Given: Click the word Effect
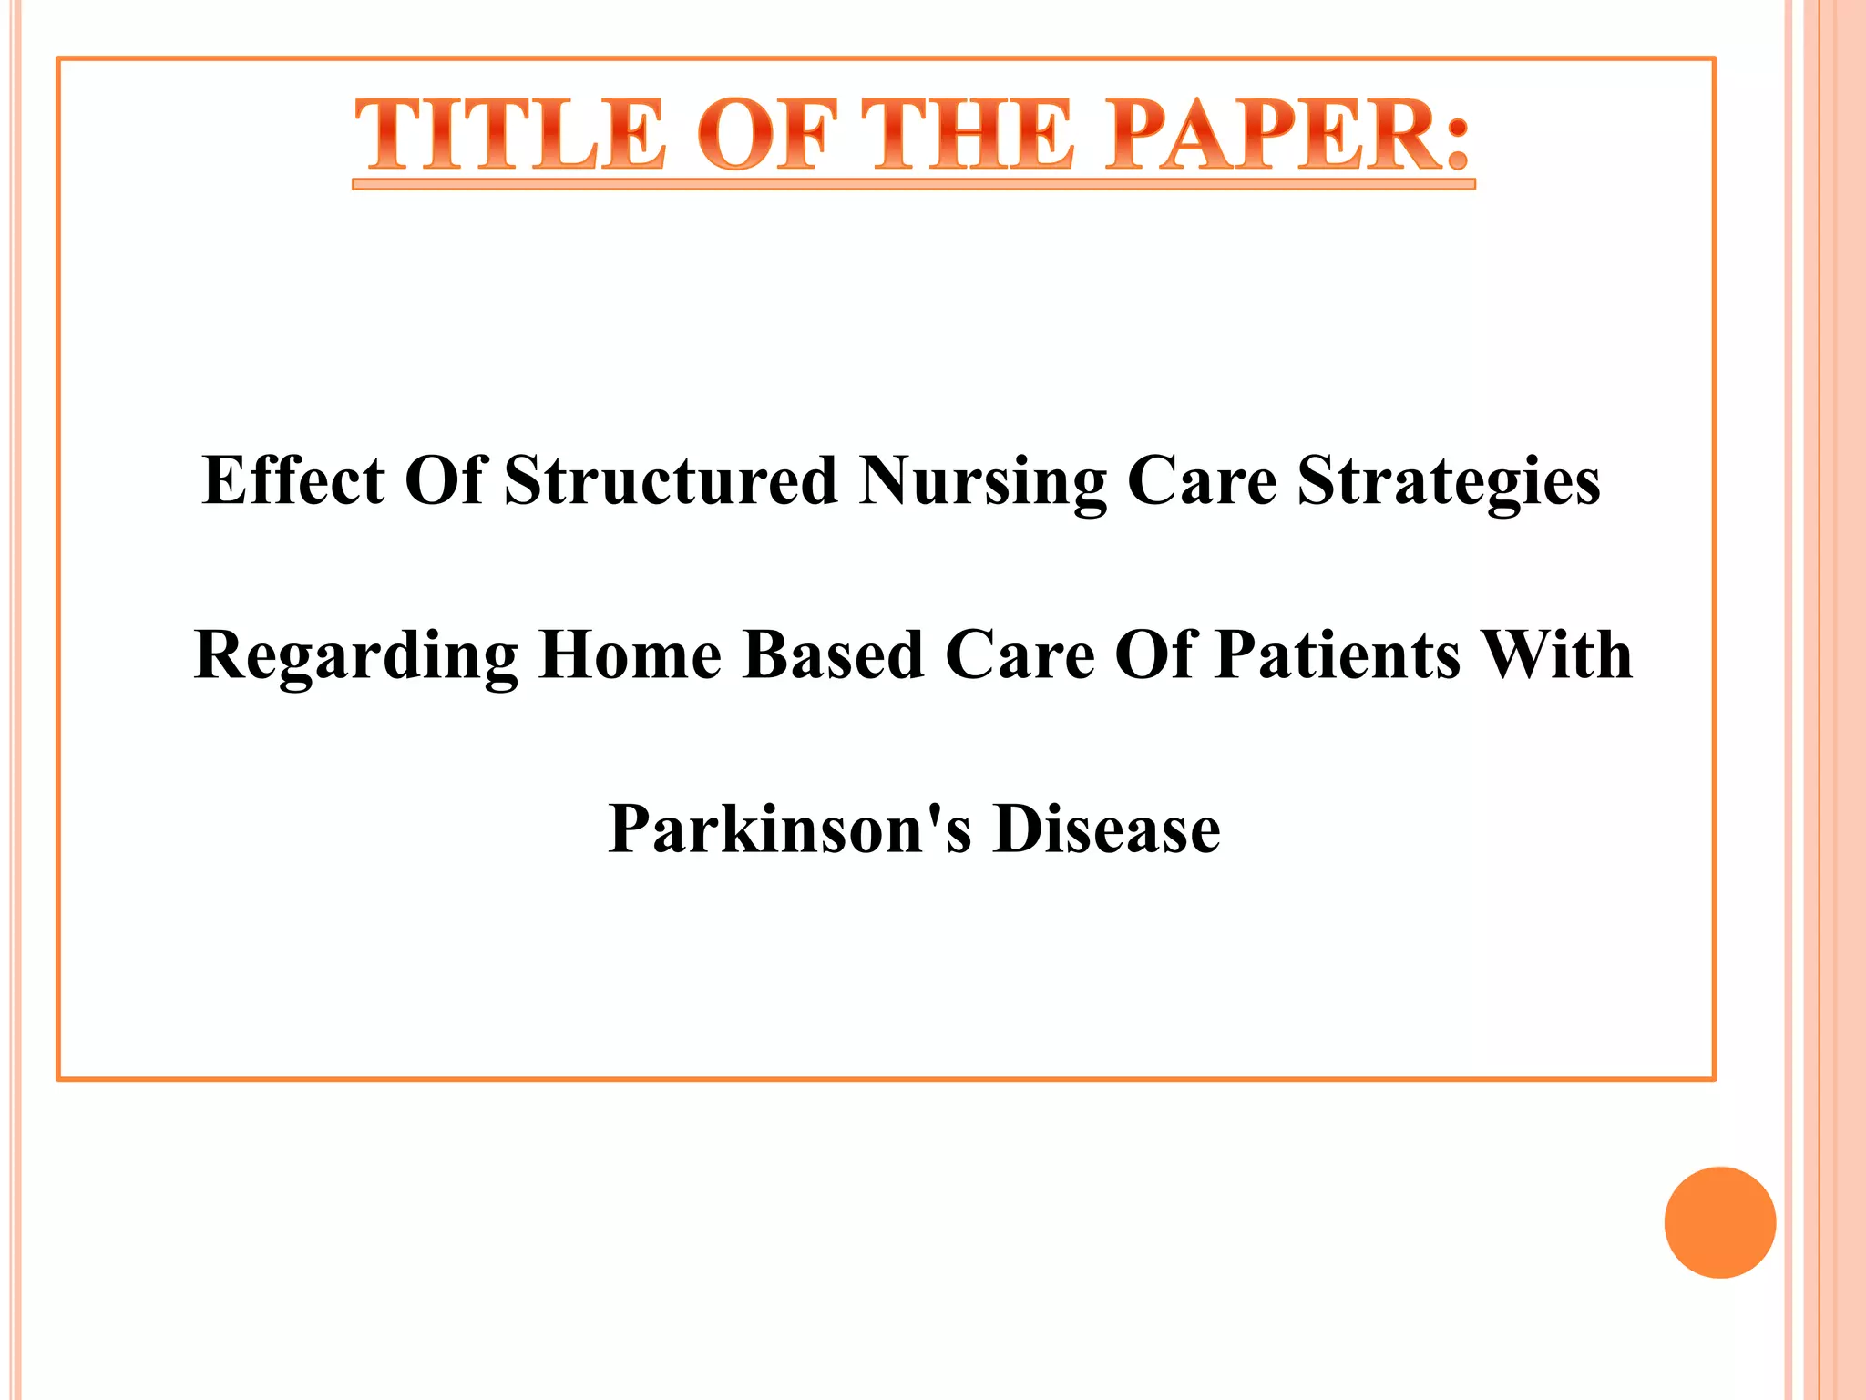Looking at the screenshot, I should [293, 480].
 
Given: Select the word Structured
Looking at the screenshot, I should [671, 480].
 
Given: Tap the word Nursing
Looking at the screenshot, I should [982, 482].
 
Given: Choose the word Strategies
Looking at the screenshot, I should [1449, 482].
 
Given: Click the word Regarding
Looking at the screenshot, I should [356, 656].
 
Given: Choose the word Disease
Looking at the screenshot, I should [1107, 829].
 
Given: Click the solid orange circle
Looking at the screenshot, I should [1719, 1222].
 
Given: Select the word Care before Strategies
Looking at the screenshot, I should [1202, 480].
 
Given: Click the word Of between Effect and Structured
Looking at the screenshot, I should [444, 480].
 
